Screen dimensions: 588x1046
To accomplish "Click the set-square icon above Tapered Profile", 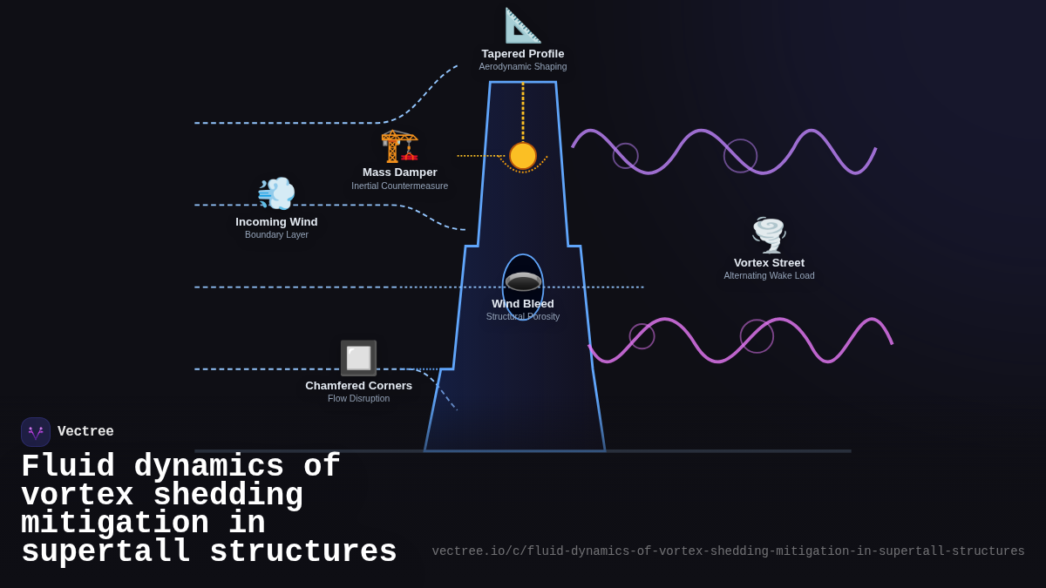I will tap(523, 25).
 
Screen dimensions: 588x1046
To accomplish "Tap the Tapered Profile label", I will tap(523, 54).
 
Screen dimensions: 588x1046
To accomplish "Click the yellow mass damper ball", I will tap(523, 156).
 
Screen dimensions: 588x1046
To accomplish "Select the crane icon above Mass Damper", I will tap(399, 145).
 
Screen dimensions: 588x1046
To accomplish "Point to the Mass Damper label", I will tap(400, 172).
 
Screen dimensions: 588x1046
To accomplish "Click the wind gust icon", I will tap(276, 193).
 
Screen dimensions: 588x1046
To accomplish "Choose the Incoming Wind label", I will tap(276, 222).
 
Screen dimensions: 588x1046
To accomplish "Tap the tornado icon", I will tap(769, 234).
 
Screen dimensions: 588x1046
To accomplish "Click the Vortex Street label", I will tap(769, 263).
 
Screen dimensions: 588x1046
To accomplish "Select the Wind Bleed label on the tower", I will tap(523, 304).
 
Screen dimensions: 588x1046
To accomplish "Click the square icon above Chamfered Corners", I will tap(358, 358).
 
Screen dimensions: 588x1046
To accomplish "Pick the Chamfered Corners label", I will tap(358, 386).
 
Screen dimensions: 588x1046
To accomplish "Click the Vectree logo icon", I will tap(36, 432).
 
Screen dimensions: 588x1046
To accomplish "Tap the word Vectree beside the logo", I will tap(85, 432).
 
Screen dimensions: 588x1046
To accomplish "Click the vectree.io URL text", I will tap(728, 551).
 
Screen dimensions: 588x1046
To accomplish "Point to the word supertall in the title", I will tap(105, 552).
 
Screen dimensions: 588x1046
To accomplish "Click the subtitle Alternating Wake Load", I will tap(769, 276).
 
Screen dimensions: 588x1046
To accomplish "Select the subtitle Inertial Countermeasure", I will tap(400, 186).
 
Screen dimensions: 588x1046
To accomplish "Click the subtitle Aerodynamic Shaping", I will tap(523, 67).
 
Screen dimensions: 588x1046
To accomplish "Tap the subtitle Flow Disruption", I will tap(358, 399).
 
